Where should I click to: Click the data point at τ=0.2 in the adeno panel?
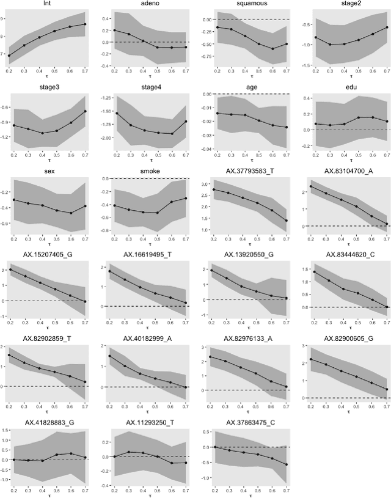pos(114,30)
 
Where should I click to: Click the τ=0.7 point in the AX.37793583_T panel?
pos(286,221)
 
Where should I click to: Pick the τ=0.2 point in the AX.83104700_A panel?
pos(311,186)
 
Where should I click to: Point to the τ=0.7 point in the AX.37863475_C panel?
pos(286,464)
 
